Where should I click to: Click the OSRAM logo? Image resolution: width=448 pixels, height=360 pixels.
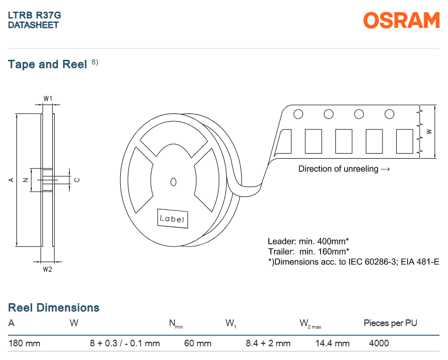tap(401, 20)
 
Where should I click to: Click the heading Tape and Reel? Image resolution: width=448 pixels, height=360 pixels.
tap(48, 64)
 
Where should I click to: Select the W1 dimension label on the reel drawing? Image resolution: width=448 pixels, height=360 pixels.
tap(48, 98)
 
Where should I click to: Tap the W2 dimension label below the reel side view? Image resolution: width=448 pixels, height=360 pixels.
tap(47, 269)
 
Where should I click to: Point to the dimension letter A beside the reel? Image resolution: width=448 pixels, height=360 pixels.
tap(11, 180)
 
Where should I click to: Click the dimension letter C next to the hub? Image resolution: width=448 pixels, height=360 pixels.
tap(77, 180)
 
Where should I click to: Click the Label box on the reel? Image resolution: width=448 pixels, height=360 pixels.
tap(172, 219)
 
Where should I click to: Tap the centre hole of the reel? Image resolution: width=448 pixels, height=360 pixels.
tap(174, 182)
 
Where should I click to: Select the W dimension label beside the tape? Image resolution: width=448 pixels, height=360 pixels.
tap(429, 131)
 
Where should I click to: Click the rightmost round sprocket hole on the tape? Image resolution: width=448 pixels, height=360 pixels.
tap(390, 114)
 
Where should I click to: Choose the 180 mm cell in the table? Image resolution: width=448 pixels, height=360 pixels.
tap(24, 343)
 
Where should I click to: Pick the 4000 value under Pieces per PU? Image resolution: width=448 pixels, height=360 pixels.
tap(379, 343)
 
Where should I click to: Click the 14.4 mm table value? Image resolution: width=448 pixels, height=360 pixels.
tap(332, 343)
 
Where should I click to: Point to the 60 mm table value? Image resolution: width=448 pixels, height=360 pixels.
tap(197, 343)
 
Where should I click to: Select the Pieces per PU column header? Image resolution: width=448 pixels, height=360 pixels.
tap(391, 323)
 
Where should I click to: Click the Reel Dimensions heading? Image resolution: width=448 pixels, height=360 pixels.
tap(54, 308)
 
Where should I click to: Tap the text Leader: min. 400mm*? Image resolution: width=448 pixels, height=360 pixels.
tap(308, 241)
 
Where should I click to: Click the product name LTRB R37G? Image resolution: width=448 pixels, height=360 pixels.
tap(35, 15)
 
